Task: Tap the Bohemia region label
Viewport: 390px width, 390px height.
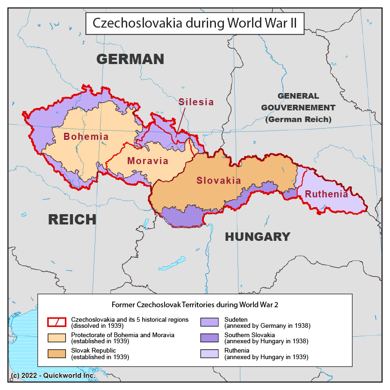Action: point(86,137)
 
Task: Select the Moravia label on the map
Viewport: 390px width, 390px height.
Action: point(148,161)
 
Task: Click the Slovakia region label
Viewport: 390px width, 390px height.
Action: point(219,181)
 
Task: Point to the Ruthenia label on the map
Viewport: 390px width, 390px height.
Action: point(326,195)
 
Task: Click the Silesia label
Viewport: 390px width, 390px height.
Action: point(196,102)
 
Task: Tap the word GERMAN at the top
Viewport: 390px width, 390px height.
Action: point(130,59)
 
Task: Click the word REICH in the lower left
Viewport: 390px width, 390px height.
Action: point(72,219)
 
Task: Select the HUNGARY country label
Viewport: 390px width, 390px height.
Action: point(258,237)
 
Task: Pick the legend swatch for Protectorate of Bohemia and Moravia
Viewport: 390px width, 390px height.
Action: point(57,338)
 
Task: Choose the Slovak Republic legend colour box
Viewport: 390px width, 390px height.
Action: point(57,353)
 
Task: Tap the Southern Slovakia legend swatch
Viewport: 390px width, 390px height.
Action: point(209,338)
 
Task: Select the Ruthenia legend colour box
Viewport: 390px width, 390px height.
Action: point(209,353)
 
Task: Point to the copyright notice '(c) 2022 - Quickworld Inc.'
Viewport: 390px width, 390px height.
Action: point(52,375)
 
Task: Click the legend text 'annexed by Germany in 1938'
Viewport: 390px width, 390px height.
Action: point(267,325)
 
